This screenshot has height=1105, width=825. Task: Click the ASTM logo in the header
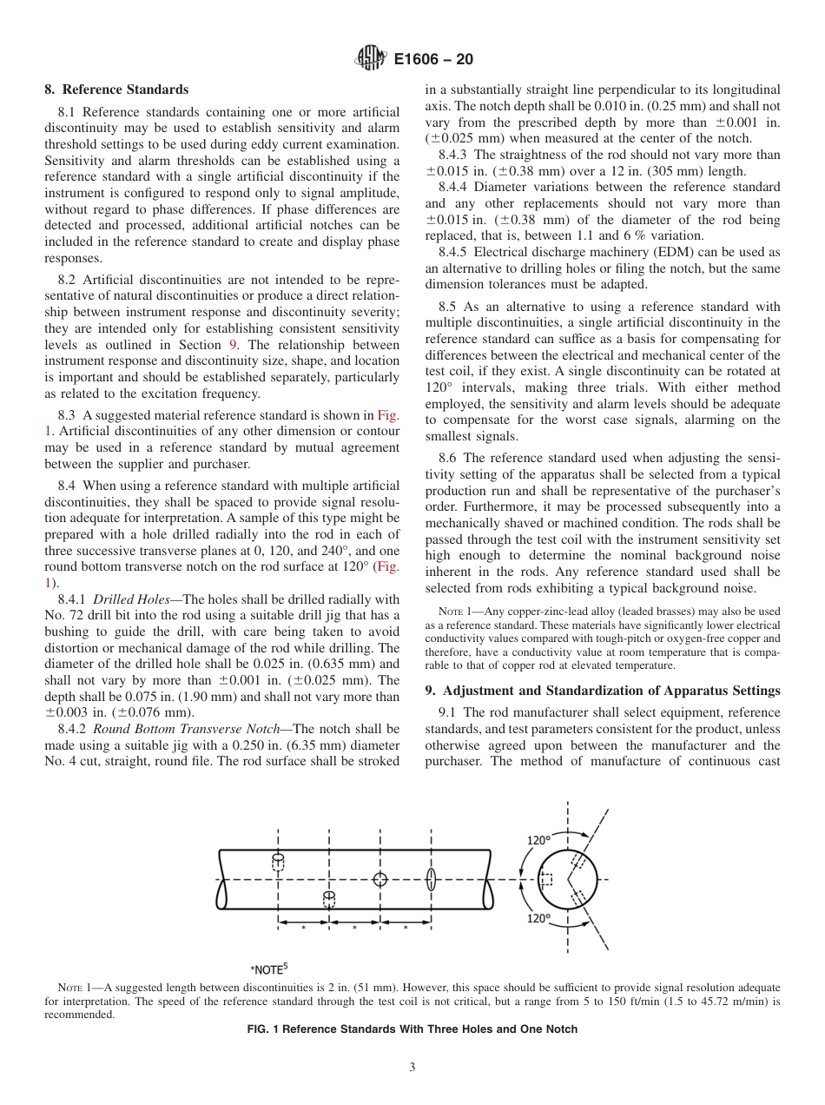pyautogui.click(x=371, y=60)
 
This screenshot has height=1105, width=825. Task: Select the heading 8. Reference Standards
pyautogui.click(x=116, y=89)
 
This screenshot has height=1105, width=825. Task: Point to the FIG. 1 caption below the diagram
pyautogui.click(x=412, y=1029)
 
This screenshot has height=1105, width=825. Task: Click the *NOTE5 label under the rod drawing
pyautogui.click(x=267, y=969)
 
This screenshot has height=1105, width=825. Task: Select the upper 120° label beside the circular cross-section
pyautogui.click(x=539, y=840)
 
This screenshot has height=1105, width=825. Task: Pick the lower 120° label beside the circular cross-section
pyautogui.click(x=539, y=918)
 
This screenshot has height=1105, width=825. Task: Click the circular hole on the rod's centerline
pyautogui.click(x=379, y=879)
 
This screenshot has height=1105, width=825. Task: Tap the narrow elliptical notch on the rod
pyautogui.click(x=431, y=879)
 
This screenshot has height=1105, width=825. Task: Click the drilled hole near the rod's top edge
pyautogui.click(x=278, y=861)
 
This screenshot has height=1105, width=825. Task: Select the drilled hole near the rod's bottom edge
pyautogui.click(x=329, y=897)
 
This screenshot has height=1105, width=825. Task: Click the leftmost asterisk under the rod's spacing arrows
pyautogui.click(x=303, y=929)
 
